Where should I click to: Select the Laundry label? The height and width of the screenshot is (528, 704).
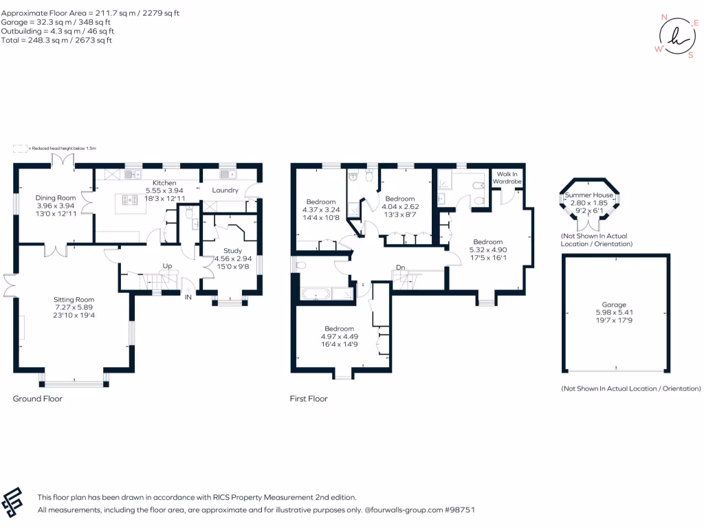click(x=225, y=190)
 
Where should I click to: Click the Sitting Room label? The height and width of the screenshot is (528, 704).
click(x=74, y=300)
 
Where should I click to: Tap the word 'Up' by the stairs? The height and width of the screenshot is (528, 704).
click(x=166, y=265)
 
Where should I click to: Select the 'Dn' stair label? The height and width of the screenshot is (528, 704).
click(x=399, y=267)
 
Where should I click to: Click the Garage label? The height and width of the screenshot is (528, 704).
click(x=615, y=305)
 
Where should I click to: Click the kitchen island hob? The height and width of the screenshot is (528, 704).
click(x=129, y=201)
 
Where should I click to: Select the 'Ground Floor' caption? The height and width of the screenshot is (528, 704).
click(x=38, y=399)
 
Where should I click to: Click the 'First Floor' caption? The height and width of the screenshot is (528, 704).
click(x=309, y=399)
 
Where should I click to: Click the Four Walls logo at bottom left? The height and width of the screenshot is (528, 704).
click(x=14, y=503)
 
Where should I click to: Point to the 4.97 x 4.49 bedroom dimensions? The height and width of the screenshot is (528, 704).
click(x=340, y=337)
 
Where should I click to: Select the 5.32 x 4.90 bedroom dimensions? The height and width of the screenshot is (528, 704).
click(x=487, y=250)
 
